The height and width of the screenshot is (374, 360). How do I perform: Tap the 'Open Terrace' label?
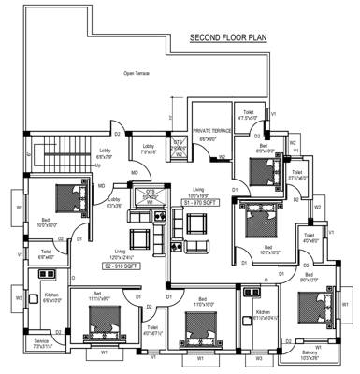[137, 72]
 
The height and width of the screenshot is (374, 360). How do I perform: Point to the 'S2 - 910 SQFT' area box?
[122, 266]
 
